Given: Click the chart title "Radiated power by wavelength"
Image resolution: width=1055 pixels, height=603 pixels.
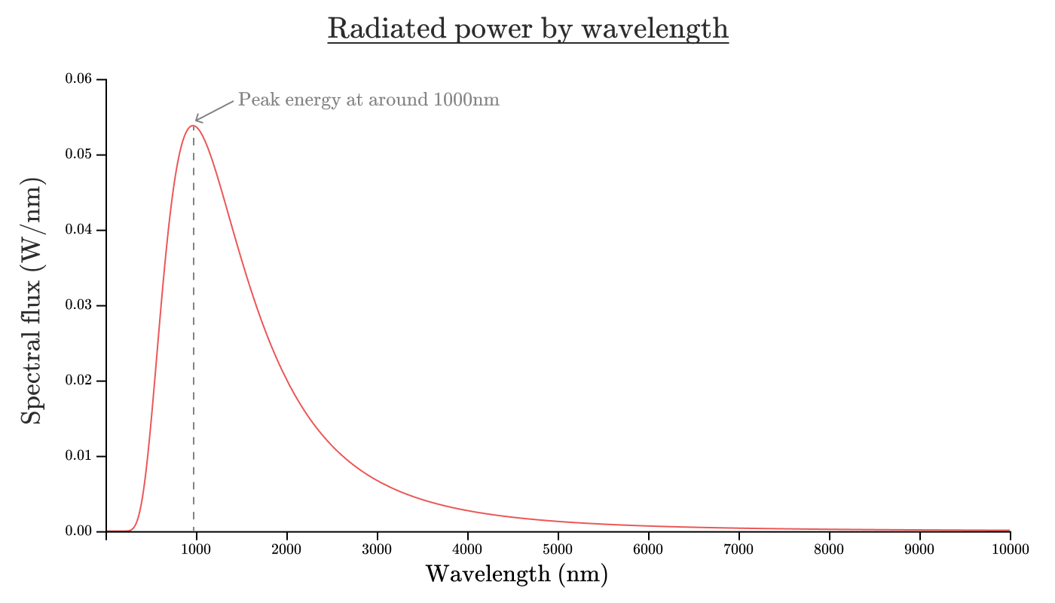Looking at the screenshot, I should tap(527, 29).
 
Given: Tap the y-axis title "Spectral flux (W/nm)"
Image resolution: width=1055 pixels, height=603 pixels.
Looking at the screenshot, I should tap(32, 301).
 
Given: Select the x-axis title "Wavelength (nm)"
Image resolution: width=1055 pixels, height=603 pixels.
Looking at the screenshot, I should tap(516, 574).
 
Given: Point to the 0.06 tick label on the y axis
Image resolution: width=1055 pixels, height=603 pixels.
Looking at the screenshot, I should tap(78, 79).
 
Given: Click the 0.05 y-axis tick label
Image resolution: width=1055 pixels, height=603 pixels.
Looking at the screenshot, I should tap(78, 155).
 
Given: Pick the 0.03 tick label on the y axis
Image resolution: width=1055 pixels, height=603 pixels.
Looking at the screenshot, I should tap(78, 305).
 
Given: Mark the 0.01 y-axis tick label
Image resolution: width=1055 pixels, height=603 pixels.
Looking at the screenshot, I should tap(78, 456).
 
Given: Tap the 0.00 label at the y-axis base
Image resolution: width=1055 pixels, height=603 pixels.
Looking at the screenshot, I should tap(78, 531).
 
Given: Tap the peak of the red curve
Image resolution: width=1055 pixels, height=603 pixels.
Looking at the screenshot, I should tap(193, 126).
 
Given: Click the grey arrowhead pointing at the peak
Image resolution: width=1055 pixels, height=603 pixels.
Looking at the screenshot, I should tap(197, 119).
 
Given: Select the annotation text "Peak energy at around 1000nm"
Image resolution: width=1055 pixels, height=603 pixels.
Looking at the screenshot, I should tap(368, 99).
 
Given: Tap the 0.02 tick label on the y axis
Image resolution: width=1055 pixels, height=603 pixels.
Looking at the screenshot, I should tap(78, 381).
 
